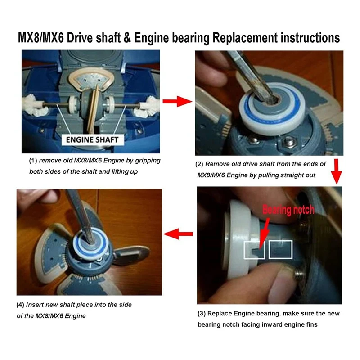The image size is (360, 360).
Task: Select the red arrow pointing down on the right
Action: pyautogui.click(x=336, y=171)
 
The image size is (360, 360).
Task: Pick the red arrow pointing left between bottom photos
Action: pyautogui.click(x=177, y=233)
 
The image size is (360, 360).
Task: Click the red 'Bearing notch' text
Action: pyautogui.click(x=288, y=209)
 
